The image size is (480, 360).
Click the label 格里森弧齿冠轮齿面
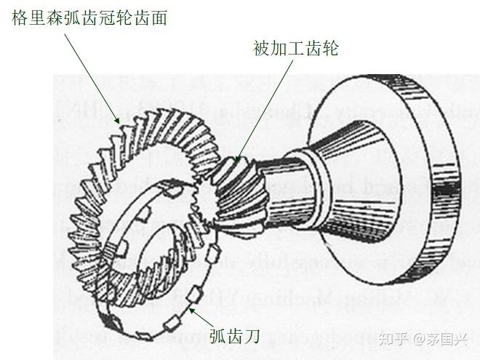pos(89,17)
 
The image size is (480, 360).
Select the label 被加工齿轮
pos(295,49)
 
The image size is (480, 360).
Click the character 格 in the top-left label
pos(20,17)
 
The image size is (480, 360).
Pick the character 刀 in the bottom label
pos(252,336)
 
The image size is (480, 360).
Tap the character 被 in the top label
pos(261,49)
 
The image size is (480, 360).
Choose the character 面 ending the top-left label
pos(159,17)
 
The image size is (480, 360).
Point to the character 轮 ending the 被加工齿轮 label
pos(330,49)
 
